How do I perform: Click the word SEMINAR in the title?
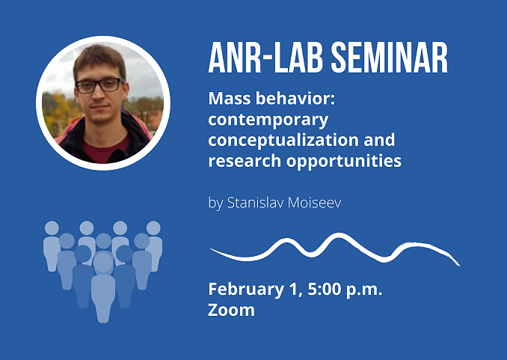390,58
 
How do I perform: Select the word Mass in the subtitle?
230,98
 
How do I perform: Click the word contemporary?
268,120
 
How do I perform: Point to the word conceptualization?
283,140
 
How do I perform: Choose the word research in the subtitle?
245,161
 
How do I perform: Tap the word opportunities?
344,161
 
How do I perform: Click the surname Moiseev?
314,203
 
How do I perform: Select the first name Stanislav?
256,203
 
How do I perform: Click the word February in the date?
246,290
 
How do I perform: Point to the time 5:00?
324,289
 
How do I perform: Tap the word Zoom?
231,310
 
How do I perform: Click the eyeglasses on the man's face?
99,85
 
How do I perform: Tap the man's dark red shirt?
105,151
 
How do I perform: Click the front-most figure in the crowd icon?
103,288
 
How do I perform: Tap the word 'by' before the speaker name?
215,204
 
